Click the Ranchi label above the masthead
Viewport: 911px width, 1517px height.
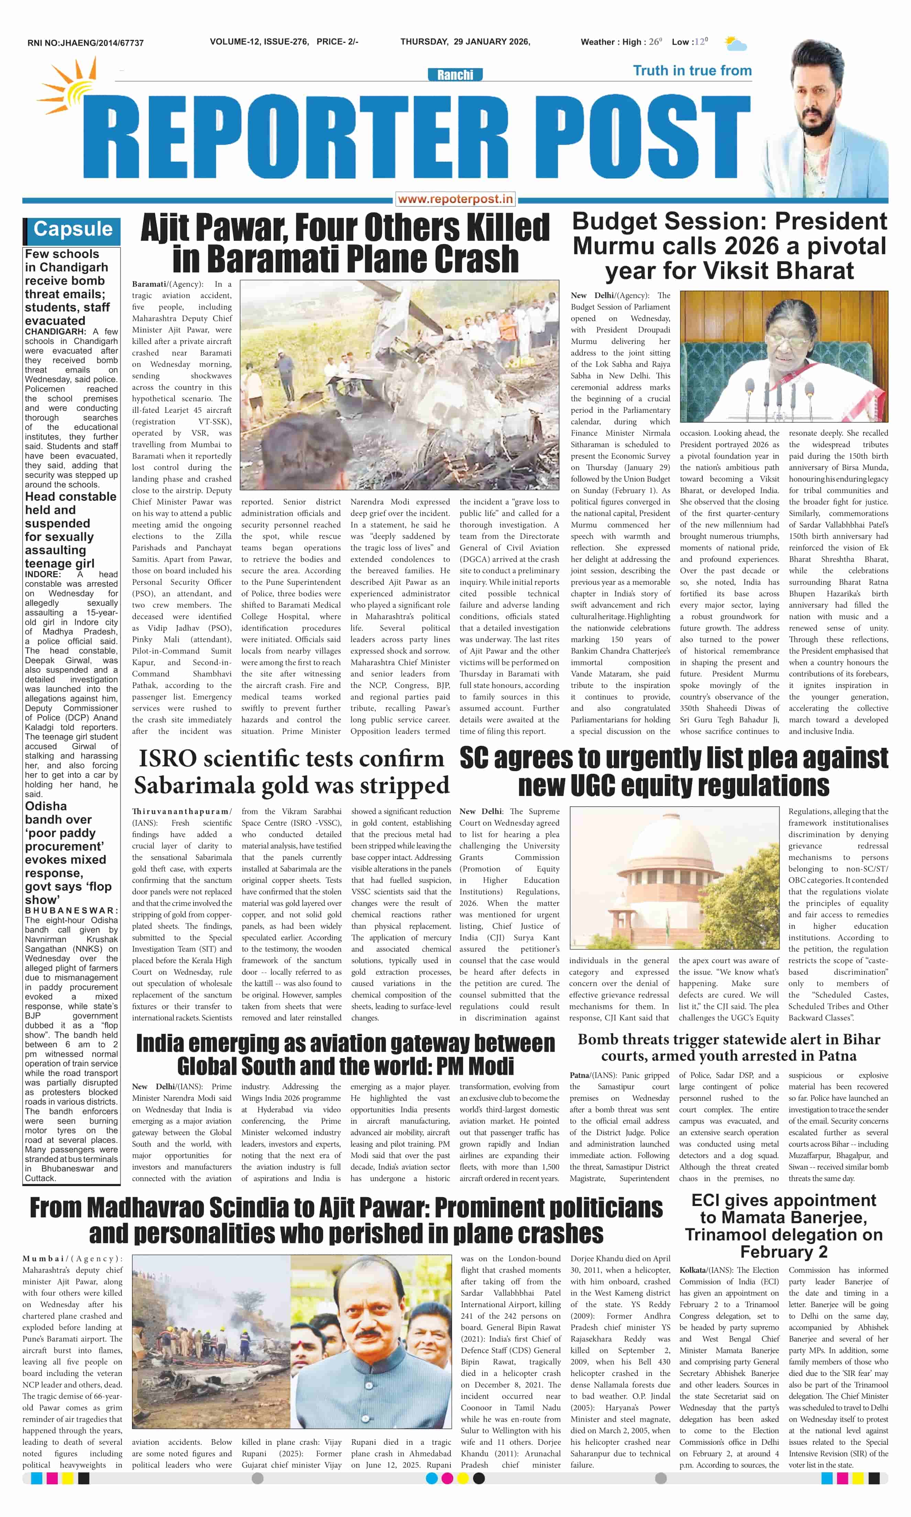[455, 75]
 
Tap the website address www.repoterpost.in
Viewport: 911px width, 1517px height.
[455, 199]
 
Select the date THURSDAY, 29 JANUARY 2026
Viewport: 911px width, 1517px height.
[465, 42]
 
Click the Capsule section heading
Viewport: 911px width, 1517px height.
[73, 229]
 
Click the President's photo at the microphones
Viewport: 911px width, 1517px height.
[783, 356]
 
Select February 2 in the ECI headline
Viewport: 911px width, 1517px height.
[783, 1252]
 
